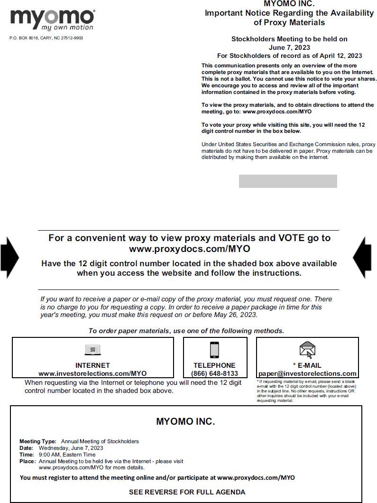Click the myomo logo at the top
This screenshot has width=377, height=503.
[x=52, y=19]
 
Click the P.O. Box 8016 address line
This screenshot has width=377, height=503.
[x=46, y=38]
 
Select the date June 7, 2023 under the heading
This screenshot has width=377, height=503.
[x=289, y=47]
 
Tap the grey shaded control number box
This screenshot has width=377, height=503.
[x=288, y=181]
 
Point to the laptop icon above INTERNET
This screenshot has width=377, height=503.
[x=92, y=350]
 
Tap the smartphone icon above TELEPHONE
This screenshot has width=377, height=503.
[x=214, y=350]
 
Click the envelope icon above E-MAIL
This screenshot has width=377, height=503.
[x=307, y=350]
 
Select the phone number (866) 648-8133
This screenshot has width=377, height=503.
[x=215, y=373]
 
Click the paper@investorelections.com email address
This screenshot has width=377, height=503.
[x=307, y=373]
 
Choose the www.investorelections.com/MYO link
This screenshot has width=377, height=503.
[x=92, y=373]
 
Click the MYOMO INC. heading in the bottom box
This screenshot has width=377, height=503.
[x=185, y=421]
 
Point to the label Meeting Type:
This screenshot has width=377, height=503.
[x=37, y=441]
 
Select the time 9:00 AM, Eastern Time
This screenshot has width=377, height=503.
[x=67, y=455]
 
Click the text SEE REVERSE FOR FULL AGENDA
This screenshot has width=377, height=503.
[x=187, y=492]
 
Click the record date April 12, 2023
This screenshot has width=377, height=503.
[x=340, y=56]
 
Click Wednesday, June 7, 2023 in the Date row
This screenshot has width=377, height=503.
[x=71, y=448]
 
